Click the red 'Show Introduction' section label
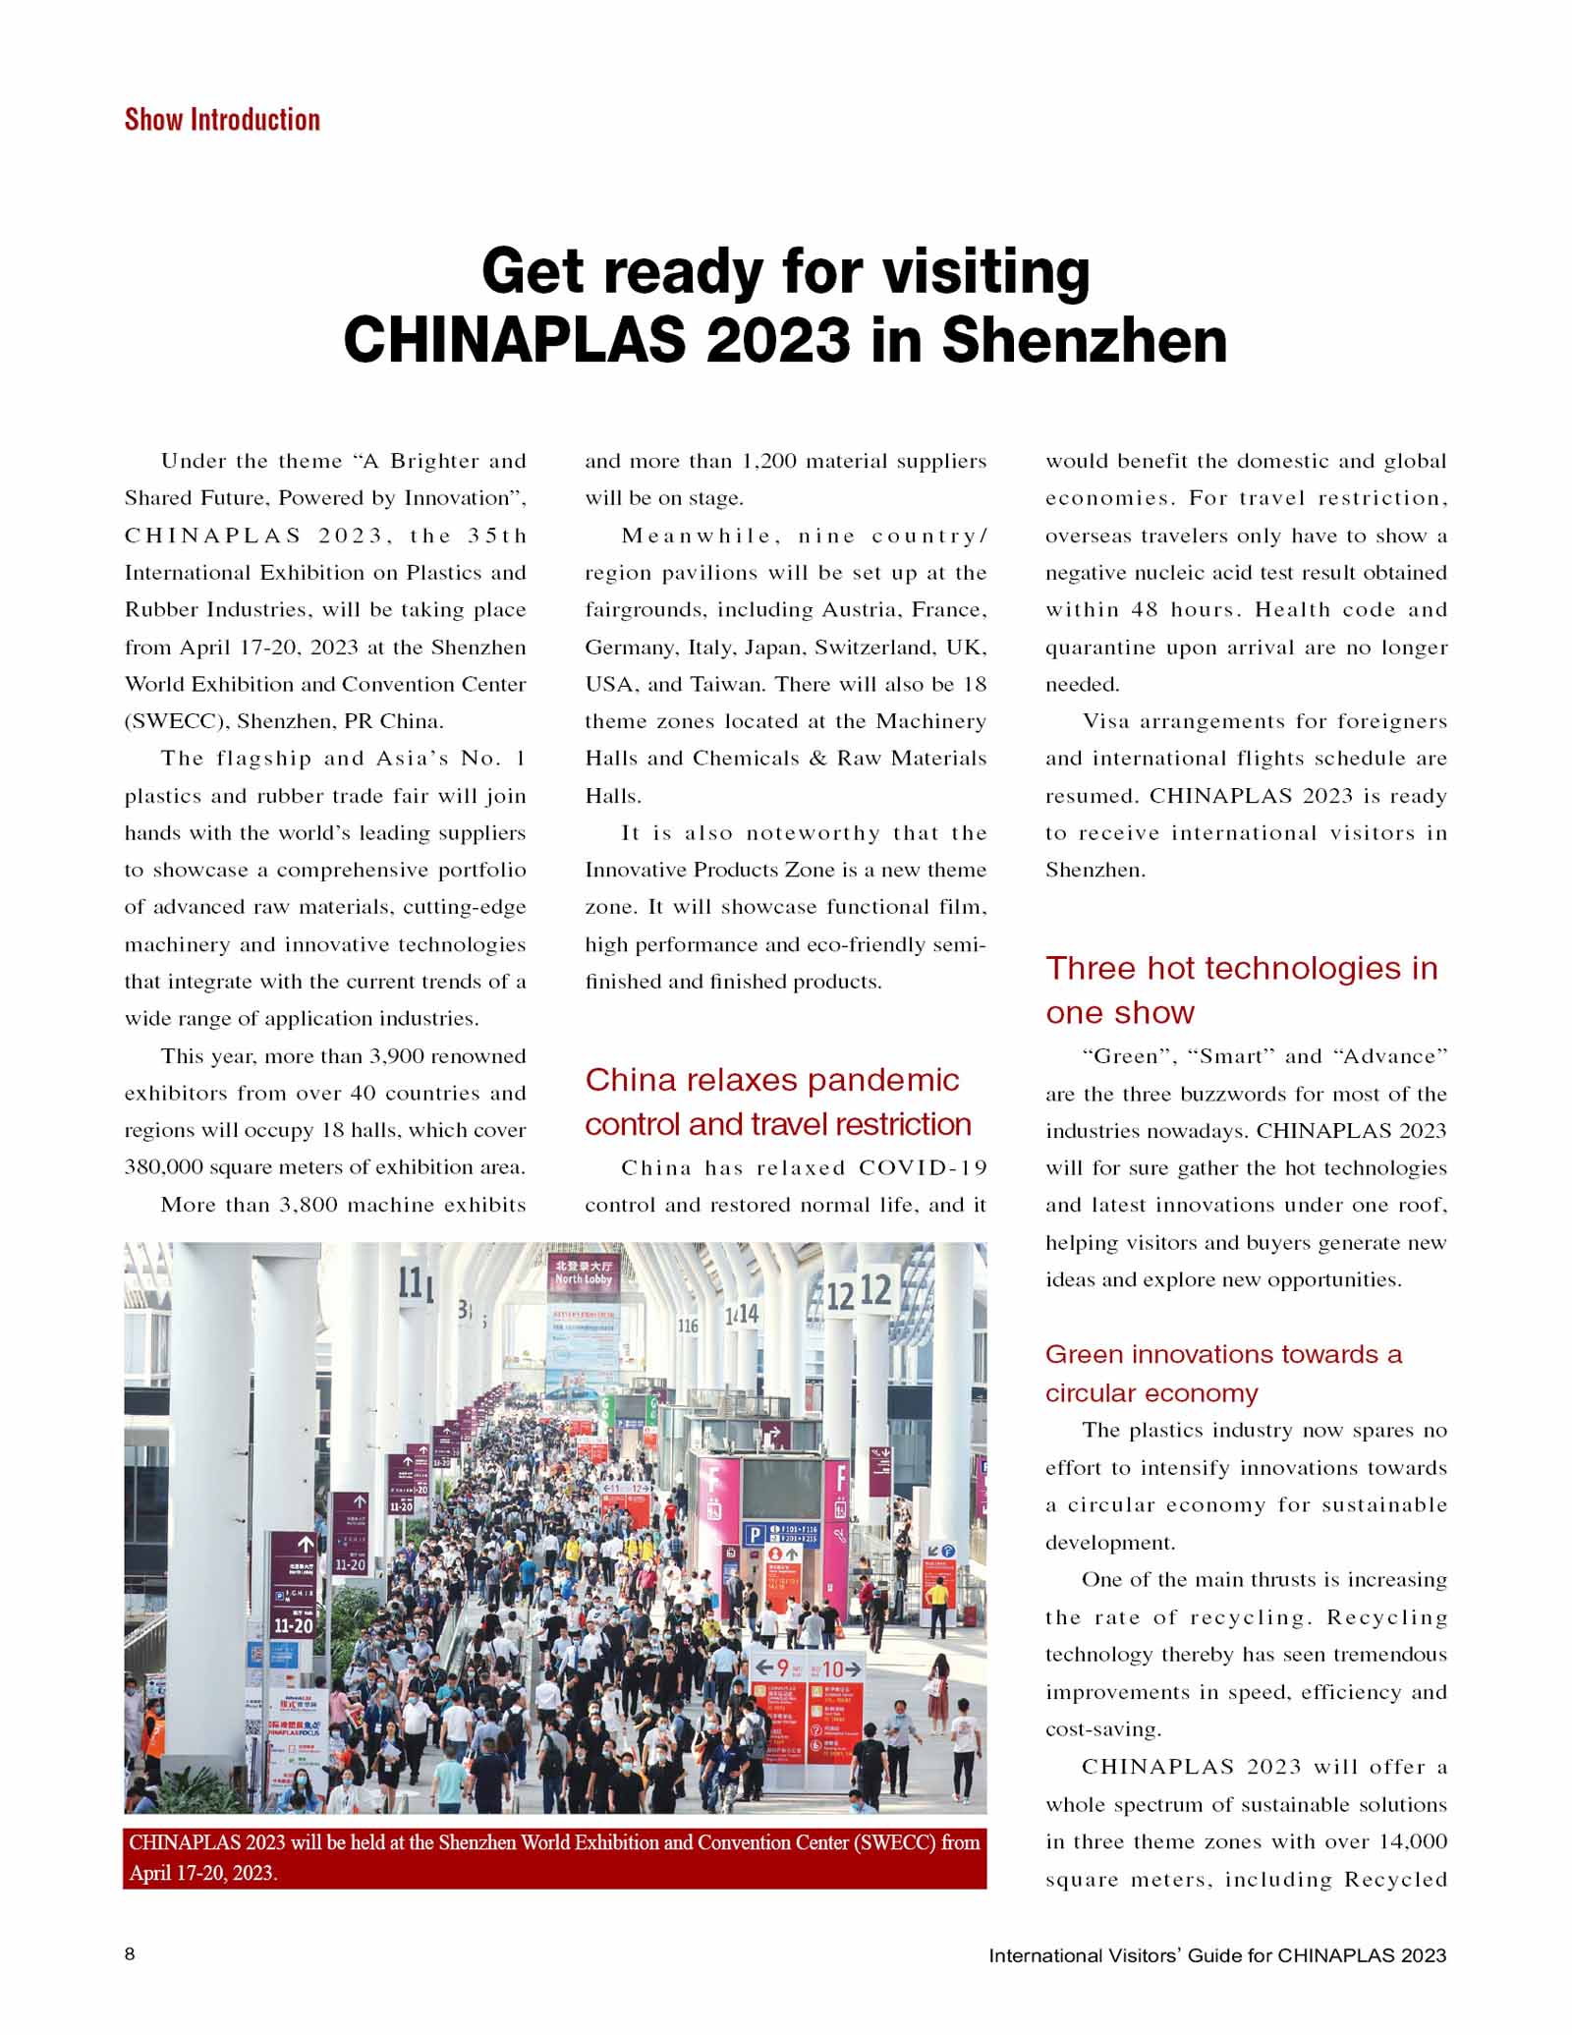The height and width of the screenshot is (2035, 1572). [222, 120]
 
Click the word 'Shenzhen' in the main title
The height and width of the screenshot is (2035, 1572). [1084, 340]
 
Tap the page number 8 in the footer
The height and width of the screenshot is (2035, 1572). [131, 1953]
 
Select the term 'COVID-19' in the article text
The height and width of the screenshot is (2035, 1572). [923, 1167]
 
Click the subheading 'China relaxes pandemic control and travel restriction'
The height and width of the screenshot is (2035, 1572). [778, 1102]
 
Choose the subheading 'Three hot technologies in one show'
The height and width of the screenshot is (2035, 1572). [1241, 989]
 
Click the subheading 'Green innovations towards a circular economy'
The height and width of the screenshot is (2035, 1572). [1223, 1373]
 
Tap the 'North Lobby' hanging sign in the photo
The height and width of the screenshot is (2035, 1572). [584, 1272]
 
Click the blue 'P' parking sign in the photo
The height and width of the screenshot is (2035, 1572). [755, 1535]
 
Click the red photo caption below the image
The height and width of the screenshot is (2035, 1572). [555, 1857]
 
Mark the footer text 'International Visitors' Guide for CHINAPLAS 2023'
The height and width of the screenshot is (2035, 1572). [1217, 1954]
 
